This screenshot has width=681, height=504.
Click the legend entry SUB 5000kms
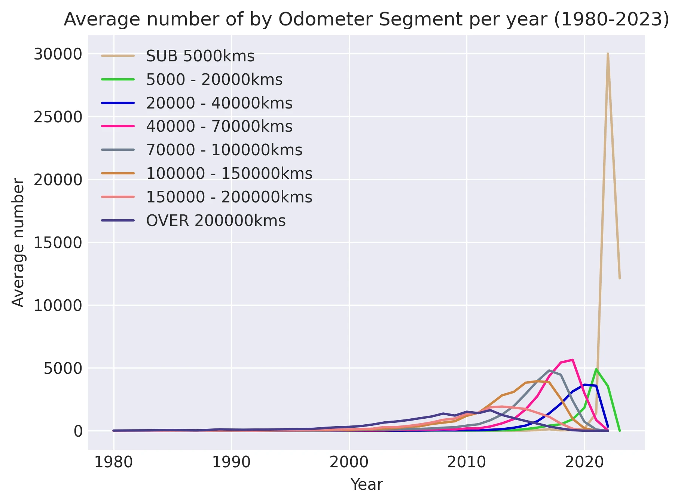[200, 56]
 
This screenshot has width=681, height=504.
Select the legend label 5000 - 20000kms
[214, 80]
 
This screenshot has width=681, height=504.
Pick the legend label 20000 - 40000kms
[219, 103]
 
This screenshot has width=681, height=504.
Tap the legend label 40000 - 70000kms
[219, 126]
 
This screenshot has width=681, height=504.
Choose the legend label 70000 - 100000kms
[224, 150]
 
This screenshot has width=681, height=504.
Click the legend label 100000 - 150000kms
[229, 174]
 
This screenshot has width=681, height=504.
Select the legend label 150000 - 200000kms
[229, 197]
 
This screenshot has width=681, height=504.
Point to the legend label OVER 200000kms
[216, 221]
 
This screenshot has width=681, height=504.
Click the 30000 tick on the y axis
[58, 54]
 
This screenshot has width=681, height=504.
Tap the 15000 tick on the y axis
[58, 243]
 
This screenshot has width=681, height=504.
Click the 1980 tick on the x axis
[113, 462]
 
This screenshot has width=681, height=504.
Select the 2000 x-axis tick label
[349, 462]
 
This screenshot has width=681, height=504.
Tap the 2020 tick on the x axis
[584, 462]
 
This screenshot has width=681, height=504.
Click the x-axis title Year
[366, 485]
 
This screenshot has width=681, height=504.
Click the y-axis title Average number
[18, 242]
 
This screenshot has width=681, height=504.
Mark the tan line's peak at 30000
[608, 54]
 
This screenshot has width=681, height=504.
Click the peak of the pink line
[572, 360]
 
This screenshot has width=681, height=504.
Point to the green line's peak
[596, 369]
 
